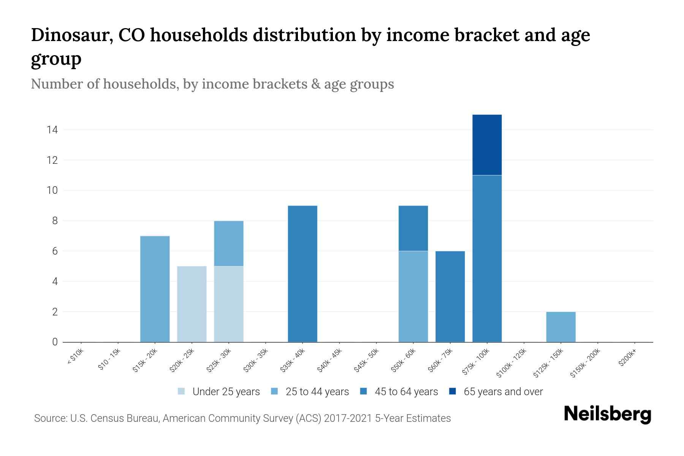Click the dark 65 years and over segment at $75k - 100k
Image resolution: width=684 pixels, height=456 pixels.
(x=487, y=145)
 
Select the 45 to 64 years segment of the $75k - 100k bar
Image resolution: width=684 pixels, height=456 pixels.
(x=487, y=258)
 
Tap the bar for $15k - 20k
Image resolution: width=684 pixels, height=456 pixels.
(x=155, y=289)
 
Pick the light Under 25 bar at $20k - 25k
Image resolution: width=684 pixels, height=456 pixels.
(x=192, y=304)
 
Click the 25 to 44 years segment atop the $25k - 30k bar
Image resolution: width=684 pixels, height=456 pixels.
(x=228, y=243)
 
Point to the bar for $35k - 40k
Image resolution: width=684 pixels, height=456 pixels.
(x=302, y=274)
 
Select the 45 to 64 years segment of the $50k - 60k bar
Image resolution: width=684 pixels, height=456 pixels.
(x=413, y=228)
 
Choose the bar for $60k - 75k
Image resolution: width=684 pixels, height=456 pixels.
(x=450, y=296)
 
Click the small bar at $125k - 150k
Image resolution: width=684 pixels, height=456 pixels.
(x=560, y=327)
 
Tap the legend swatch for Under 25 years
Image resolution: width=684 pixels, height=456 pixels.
(x=181, y=391)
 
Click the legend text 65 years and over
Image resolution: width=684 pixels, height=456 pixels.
(x=503, y=391)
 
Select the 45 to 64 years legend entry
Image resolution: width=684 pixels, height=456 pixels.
(x=406, y=391)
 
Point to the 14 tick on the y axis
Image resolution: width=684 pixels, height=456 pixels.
(x=52, y=130)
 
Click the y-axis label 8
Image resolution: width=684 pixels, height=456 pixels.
(x=55, y=221)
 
